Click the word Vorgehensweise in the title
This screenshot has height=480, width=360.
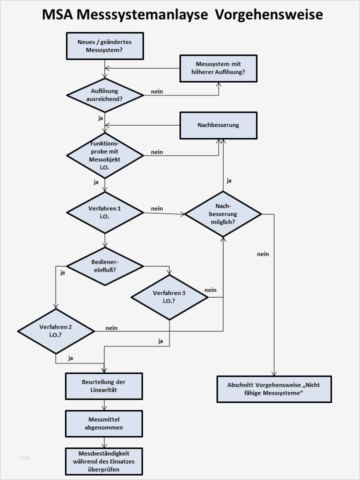[x=269, y=14]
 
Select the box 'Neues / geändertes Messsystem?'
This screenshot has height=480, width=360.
[x=104, y=46]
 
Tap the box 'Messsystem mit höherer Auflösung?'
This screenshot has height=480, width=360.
[x=218, y=68]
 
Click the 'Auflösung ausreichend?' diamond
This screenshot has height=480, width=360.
[x=104, y=95]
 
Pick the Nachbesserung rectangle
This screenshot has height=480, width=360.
[x=218, y=125]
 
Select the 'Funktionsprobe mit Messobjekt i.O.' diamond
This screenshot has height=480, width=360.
[x=104, y=155]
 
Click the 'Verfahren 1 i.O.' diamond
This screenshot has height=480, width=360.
[x=104, y=212]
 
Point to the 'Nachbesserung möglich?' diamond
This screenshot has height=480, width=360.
[x=222, y=213]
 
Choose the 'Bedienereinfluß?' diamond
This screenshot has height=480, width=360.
[x=104, y=265]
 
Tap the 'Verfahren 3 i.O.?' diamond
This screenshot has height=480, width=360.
[x=169, y=297]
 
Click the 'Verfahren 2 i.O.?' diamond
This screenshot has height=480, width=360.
[x=56, y=331]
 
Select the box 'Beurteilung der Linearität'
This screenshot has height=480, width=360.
[x=104, y=385]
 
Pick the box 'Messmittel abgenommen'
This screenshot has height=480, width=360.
[x=104, y=423]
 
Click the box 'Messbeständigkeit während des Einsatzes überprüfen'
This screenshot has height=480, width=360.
[x=104, y=461]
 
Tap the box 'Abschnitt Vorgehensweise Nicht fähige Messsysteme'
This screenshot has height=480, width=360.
[x=274, y=389]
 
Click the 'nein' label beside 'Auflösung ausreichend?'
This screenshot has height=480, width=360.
[x=156, y=91]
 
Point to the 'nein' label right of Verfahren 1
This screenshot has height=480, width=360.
[x=156, y=208]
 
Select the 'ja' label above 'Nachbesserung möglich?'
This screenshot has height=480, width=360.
[x=229, y=180]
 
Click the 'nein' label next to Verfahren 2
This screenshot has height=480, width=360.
[x=111, y=328]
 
